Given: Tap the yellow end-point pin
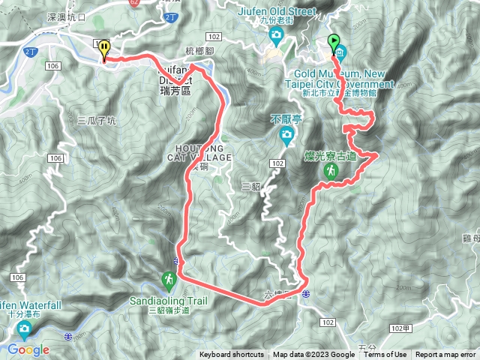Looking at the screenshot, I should pos(103,48).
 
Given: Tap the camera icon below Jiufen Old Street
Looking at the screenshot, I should pos(277,34).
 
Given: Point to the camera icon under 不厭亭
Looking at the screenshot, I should pos(286,135).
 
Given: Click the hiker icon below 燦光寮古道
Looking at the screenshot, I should pos(329,172).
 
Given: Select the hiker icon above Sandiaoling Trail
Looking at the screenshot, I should pos(170,280).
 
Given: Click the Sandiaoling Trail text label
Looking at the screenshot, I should pos(171,300).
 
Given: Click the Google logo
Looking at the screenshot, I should pos(28,349).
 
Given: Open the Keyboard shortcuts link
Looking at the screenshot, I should pos(232,355).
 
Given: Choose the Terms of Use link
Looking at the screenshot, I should pos(386,355).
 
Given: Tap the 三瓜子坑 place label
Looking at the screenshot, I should pos(96,120).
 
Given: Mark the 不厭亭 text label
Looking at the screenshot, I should pos(286,118).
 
